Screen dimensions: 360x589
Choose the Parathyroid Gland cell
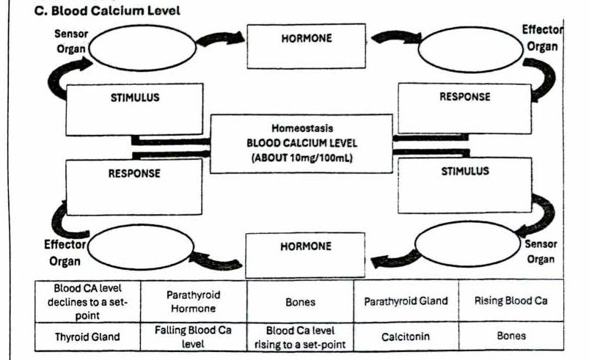click(x=406, y=301)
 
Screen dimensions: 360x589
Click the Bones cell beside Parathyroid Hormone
click(x=299, y=301)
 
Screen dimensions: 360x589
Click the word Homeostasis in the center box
click(x=301, y=128)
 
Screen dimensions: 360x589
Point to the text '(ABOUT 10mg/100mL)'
click(x=301, y=156)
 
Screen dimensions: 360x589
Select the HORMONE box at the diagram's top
click(x=306, y=45)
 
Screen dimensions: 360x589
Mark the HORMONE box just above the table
click(x=306, y=254)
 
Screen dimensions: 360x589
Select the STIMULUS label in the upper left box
click(x=134, y=97)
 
